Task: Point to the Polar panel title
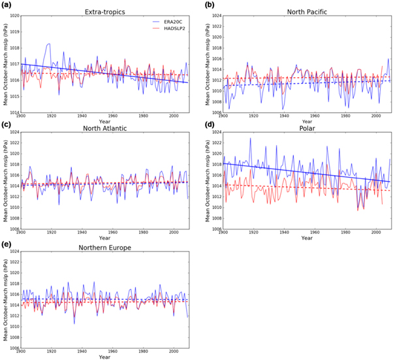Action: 307,128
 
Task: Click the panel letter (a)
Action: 8,5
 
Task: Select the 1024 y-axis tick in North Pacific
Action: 214,16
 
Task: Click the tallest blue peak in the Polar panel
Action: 250,138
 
